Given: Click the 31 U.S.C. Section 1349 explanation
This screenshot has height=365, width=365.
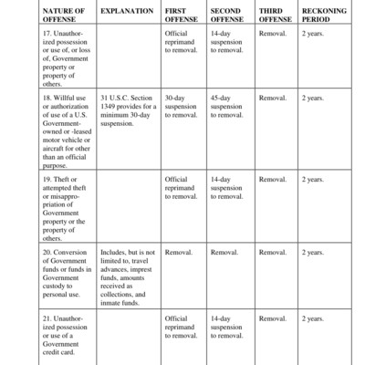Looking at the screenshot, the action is tap(127, 110).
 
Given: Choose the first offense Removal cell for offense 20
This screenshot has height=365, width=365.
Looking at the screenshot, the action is tap(178, 252).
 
